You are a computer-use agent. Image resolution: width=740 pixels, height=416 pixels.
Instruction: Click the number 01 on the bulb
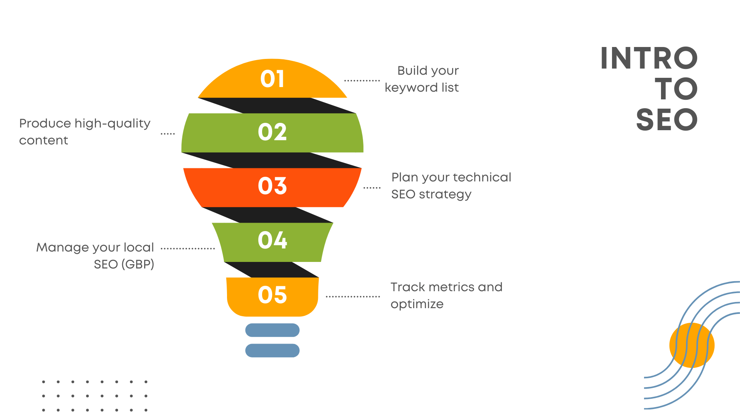(272, 79)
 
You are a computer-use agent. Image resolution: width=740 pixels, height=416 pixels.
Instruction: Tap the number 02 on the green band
(272, 132)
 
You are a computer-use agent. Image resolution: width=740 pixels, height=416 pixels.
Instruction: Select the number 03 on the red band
(272, 186)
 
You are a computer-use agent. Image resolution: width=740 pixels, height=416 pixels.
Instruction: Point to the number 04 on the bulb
(272, 240)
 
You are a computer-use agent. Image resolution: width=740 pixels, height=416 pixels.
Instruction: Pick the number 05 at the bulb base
(272, 295)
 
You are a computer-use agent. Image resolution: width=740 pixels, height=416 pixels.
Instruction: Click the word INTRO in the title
(649, 59)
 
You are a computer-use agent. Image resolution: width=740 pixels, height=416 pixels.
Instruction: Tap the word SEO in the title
(667, 120)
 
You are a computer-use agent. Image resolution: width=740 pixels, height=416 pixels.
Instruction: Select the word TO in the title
(676, 89)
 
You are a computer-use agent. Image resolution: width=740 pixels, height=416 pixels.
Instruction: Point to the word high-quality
(112, 124)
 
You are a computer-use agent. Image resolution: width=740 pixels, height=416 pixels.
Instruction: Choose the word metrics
(451, 287)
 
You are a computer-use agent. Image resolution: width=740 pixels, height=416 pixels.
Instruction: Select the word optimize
(417, 304)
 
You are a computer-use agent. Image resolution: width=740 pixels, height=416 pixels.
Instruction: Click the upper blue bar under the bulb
(272, 330)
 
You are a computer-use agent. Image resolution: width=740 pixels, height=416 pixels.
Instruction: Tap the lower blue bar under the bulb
(272, 351)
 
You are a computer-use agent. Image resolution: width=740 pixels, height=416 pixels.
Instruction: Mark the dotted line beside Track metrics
(353, 297)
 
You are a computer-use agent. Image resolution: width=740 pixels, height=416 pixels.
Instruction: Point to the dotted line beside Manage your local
(188, 248)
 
